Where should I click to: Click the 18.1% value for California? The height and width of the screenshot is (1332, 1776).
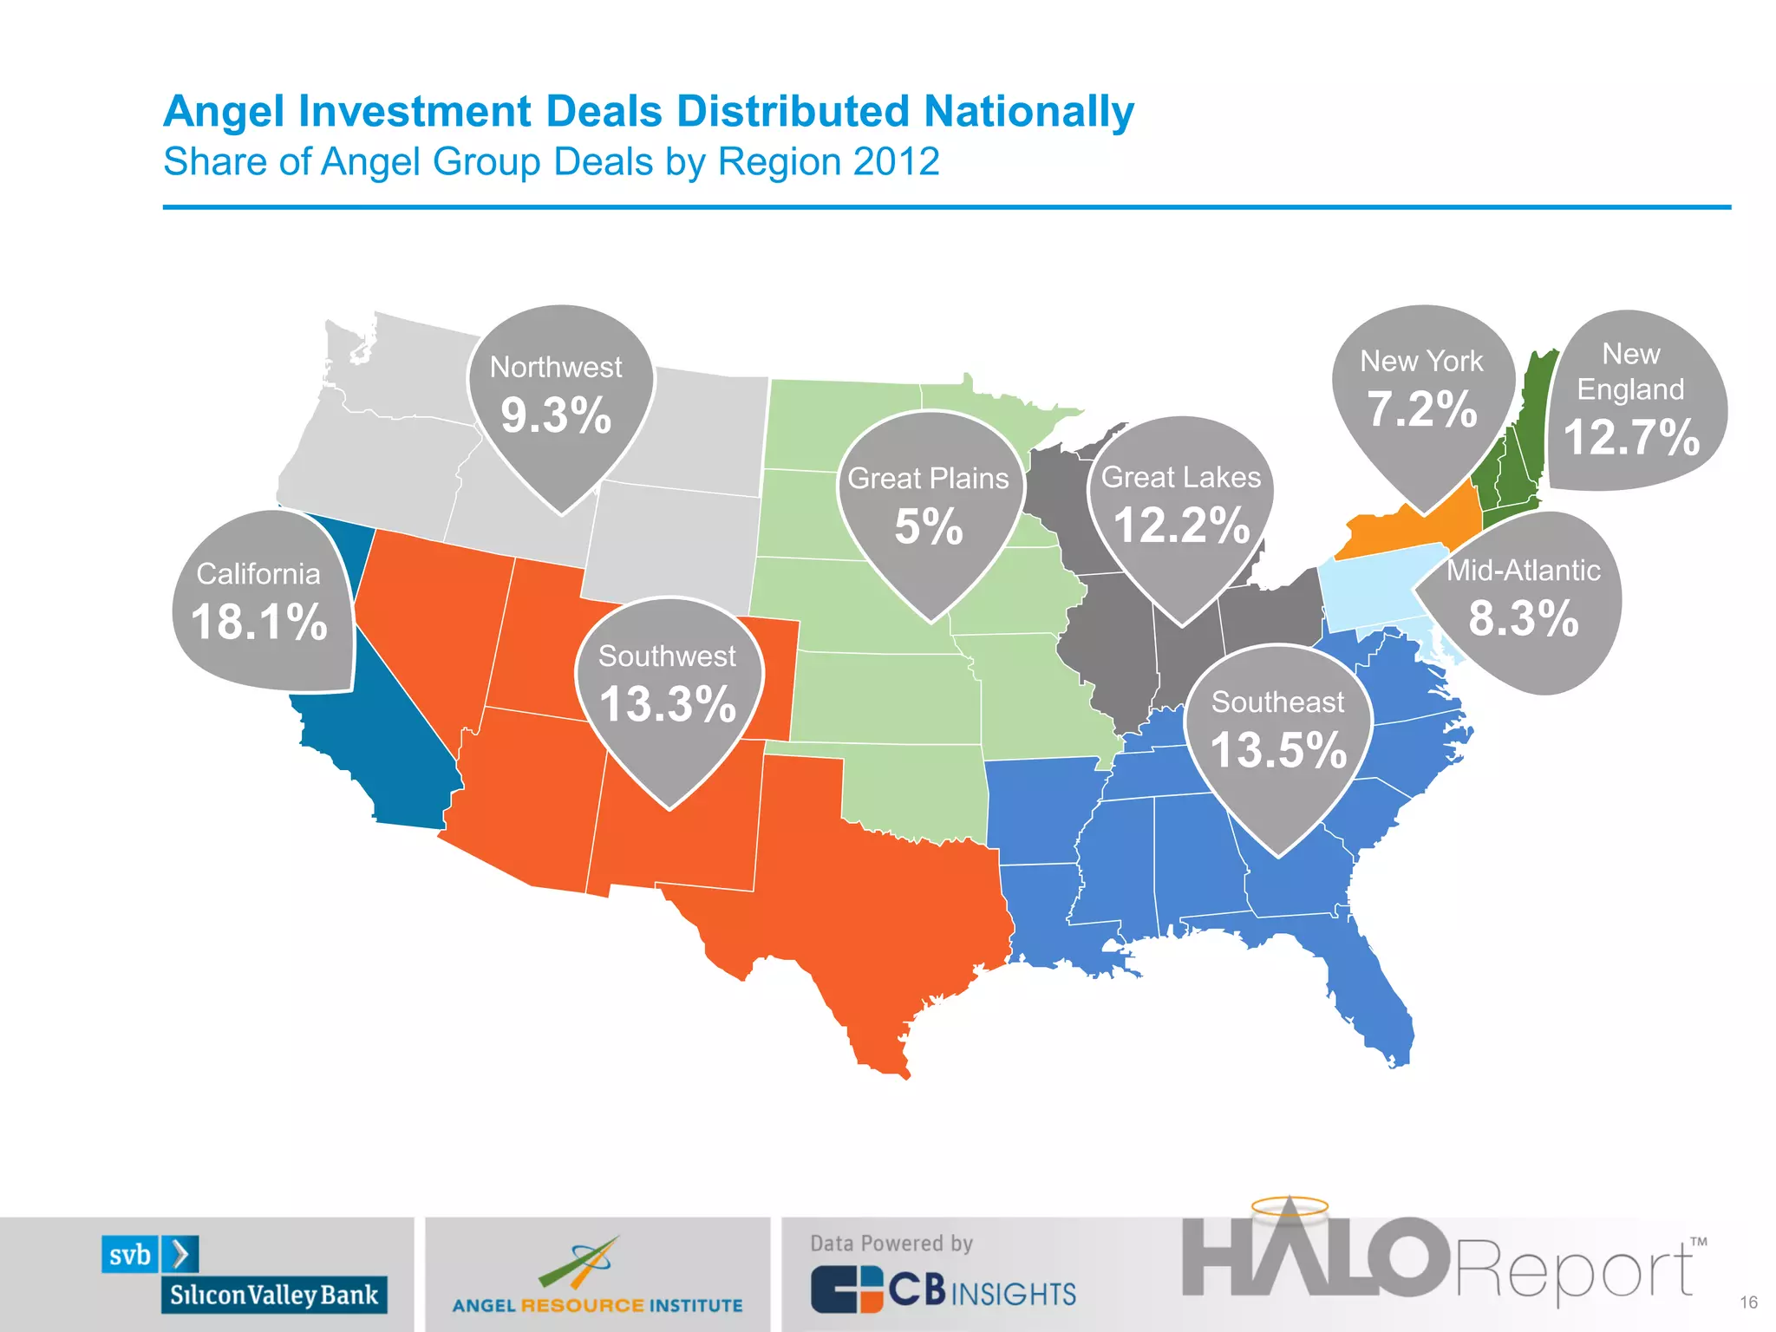[259, 622]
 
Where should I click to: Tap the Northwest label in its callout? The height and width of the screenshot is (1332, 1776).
[556, 367]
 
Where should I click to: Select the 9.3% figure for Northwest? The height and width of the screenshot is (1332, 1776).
[556, 415]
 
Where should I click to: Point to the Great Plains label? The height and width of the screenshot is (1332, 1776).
[928, 478]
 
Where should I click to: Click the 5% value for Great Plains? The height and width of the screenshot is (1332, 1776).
[928, 526]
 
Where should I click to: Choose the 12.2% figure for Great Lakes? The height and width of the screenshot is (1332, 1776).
[1181, 526]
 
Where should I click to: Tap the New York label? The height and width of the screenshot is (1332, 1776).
[1421, 361]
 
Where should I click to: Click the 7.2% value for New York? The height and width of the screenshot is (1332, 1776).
[1422, 408]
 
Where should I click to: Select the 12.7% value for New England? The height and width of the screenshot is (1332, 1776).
[1630, 436]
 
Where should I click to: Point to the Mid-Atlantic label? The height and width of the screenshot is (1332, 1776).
[1524, 570]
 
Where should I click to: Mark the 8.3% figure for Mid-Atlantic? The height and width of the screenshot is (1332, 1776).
[1524, 618]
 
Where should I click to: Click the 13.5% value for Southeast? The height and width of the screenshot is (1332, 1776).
[1278, 750]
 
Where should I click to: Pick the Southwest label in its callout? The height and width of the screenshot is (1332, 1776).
[667, 656]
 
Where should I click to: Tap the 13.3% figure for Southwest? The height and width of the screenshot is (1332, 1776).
[668, 704]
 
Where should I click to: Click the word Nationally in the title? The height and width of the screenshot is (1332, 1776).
[1028, 112]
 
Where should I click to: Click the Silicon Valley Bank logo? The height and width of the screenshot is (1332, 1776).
[245, 1274]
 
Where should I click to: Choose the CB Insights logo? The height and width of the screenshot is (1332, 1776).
[943, 1290]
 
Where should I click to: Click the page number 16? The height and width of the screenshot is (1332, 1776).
[1748, 1303]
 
